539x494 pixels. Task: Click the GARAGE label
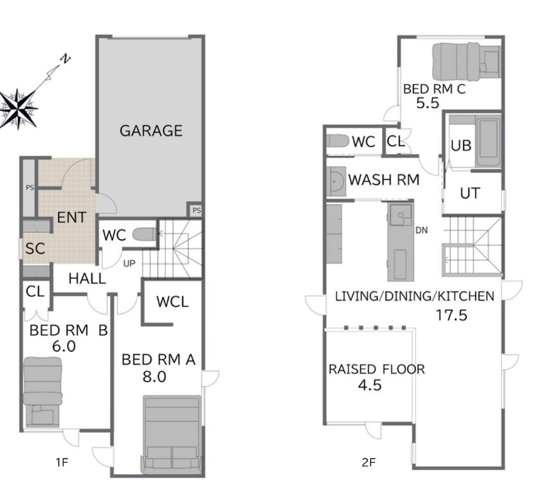coord(151,130)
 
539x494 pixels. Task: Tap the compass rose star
coord(18,109)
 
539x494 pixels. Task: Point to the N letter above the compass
coord(65,59)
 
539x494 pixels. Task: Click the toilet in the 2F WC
coord(338,141)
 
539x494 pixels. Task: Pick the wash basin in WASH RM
coord(336,181)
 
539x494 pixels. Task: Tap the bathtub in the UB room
coord(488,141)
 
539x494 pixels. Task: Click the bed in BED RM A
coord(172,435)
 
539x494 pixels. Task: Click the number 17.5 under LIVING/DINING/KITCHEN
coord(452,315)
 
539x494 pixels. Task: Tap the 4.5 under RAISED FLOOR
coord(370,385)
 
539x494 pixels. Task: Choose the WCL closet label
coord(172,302)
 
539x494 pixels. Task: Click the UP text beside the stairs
coord(129,263)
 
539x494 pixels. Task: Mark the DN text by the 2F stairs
coord(421,230)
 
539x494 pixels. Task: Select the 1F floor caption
coord(62,463)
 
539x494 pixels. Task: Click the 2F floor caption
coord(369,463)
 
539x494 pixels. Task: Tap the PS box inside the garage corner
coord(196,210)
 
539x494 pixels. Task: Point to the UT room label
coord(470,193)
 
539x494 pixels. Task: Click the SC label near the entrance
coord(35,249)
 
